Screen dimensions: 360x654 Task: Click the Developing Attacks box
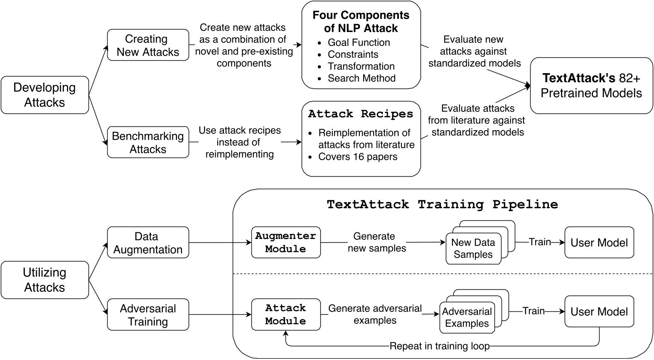coord(44,95)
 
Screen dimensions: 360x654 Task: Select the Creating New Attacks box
coord(148,45)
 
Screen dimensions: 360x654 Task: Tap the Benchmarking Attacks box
coord(148,142)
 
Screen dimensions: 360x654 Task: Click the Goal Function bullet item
coord(359,42)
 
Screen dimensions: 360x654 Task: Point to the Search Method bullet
coord(361,78)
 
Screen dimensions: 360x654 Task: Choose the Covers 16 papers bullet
coord(357,157)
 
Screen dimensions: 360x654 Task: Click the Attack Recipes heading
coord(360,114)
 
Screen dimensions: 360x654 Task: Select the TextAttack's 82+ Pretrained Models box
coord(591,86)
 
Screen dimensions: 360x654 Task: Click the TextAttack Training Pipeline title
coord(442,205)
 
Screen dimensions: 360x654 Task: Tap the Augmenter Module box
coord(285,242)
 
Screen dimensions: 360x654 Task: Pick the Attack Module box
coord(285,314)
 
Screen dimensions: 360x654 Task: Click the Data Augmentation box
coord(148,243)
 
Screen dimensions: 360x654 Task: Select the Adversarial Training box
coord(148,315)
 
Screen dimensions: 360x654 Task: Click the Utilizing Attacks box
coord(44,280)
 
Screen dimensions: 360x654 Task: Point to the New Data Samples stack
coord(473,249)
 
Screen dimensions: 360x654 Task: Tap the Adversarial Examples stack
coord(467,318)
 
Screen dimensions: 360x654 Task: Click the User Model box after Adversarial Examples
coord(599,312)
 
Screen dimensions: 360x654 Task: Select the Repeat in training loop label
coord(440,346)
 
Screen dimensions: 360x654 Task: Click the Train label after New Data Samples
coord(539,242)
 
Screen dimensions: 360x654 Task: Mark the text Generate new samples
coord(376,242)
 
